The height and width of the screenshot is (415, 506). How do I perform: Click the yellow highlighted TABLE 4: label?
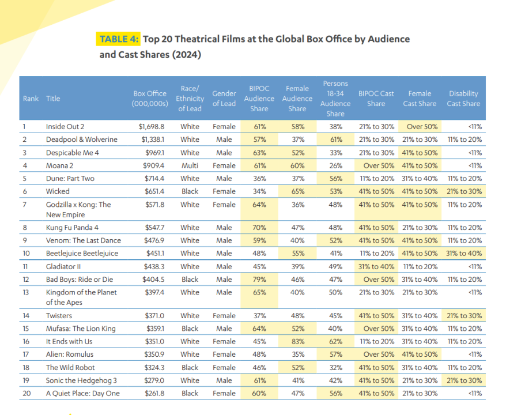pyautogui.click(x=119, y=39)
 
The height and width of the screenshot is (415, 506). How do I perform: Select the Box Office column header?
pyautogui.click(x=149, y=99)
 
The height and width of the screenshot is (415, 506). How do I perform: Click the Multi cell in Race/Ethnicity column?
pyautogui.click(x=190, y=165)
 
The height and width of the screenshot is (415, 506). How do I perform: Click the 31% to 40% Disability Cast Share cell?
pyautogui.click(x=463, y=253)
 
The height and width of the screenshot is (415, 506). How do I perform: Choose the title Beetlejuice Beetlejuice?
pyautogui.click(x=82, y=253)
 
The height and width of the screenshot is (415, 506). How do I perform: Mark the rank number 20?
pyautogui.click(x=27, y=393)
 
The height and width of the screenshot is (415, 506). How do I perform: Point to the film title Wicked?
pyautogui.click(x=58, y=191)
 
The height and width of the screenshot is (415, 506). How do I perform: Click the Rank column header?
pyautogui.click(x=31, y=99)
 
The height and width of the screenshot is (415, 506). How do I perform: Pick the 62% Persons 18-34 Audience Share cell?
pyautogui.click(x=335, y=341)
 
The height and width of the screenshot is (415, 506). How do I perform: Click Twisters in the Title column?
pyautogui.click(x=60, y=316)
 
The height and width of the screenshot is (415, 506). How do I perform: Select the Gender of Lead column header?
pyautogui.click(x=224, y=99)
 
